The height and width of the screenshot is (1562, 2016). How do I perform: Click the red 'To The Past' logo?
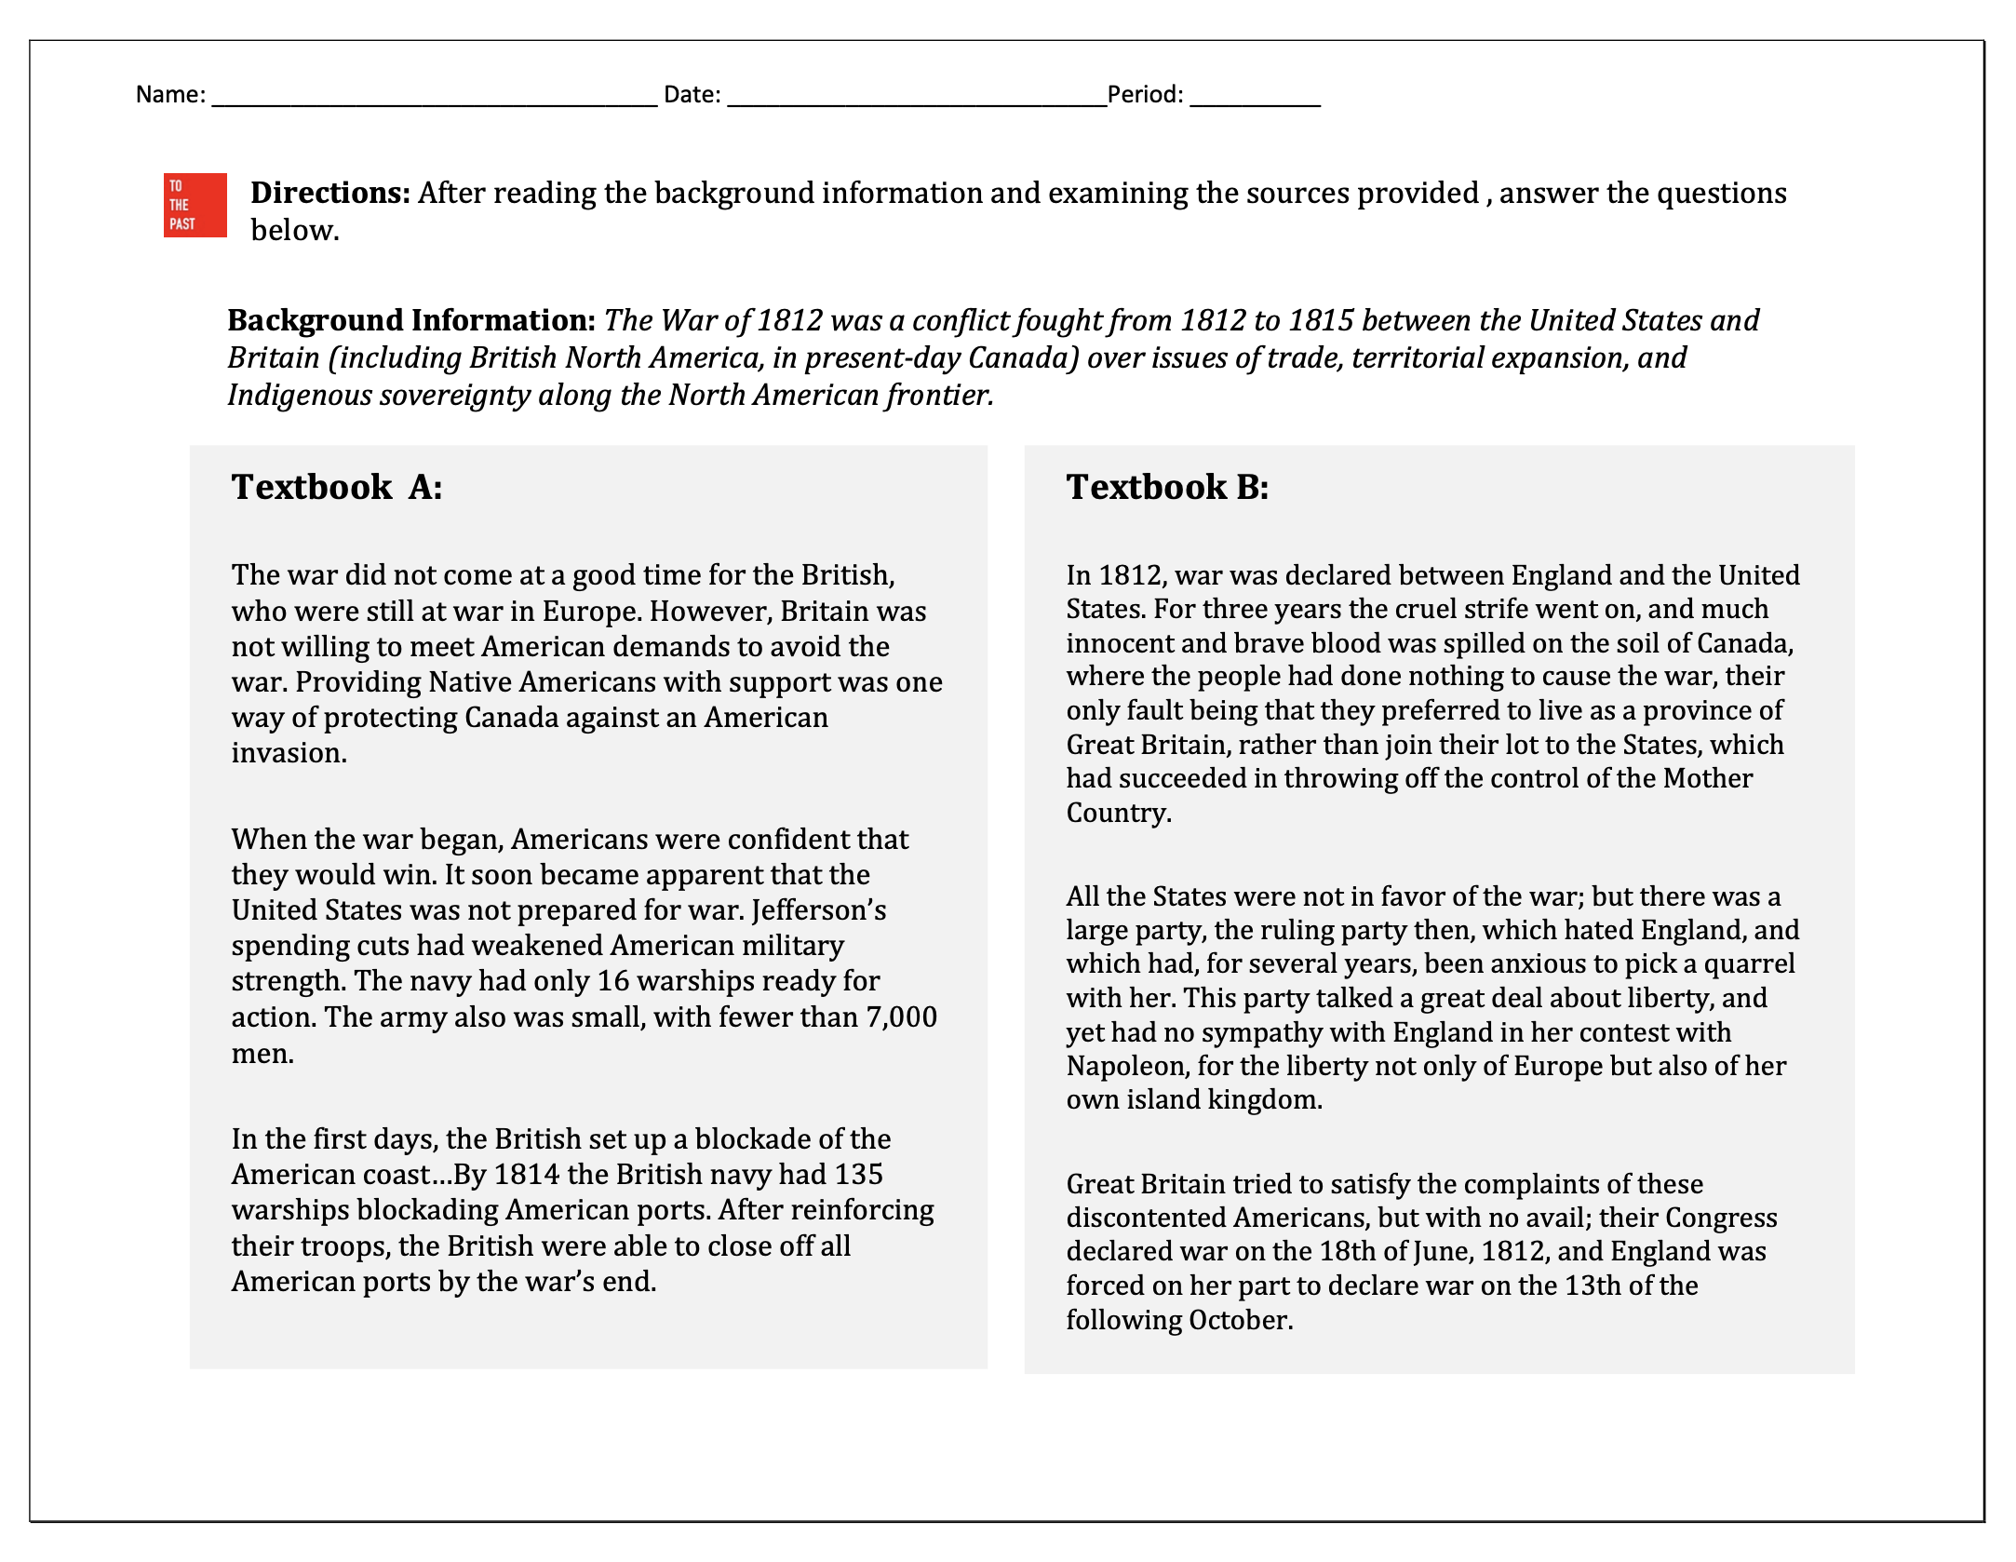click(x=195, y=205)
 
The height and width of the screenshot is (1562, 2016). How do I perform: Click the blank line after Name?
click(x=434, y=96)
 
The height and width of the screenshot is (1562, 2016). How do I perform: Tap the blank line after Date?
click(x=916, y=96)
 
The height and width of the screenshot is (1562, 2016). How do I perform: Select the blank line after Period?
click(x=1254, y=96)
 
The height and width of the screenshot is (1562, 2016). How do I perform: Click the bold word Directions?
click(x=330, y=193)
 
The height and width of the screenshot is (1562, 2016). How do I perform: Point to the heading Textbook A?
click(x=336, y=487)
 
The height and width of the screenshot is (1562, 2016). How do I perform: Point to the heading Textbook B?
click(x=1166, y=487)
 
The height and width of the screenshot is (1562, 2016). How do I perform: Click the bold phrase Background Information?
click(x=411, y=320)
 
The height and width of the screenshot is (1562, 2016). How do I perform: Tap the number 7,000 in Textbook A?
click(x=901, y=1017)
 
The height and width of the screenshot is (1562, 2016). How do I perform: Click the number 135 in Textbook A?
click(x=857, y=1175)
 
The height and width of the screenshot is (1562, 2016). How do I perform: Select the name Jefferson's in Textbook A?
click(x=818, y=909)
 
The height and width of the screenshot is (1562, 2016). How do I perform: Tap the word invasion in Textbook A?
click(x=288, y=752)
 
